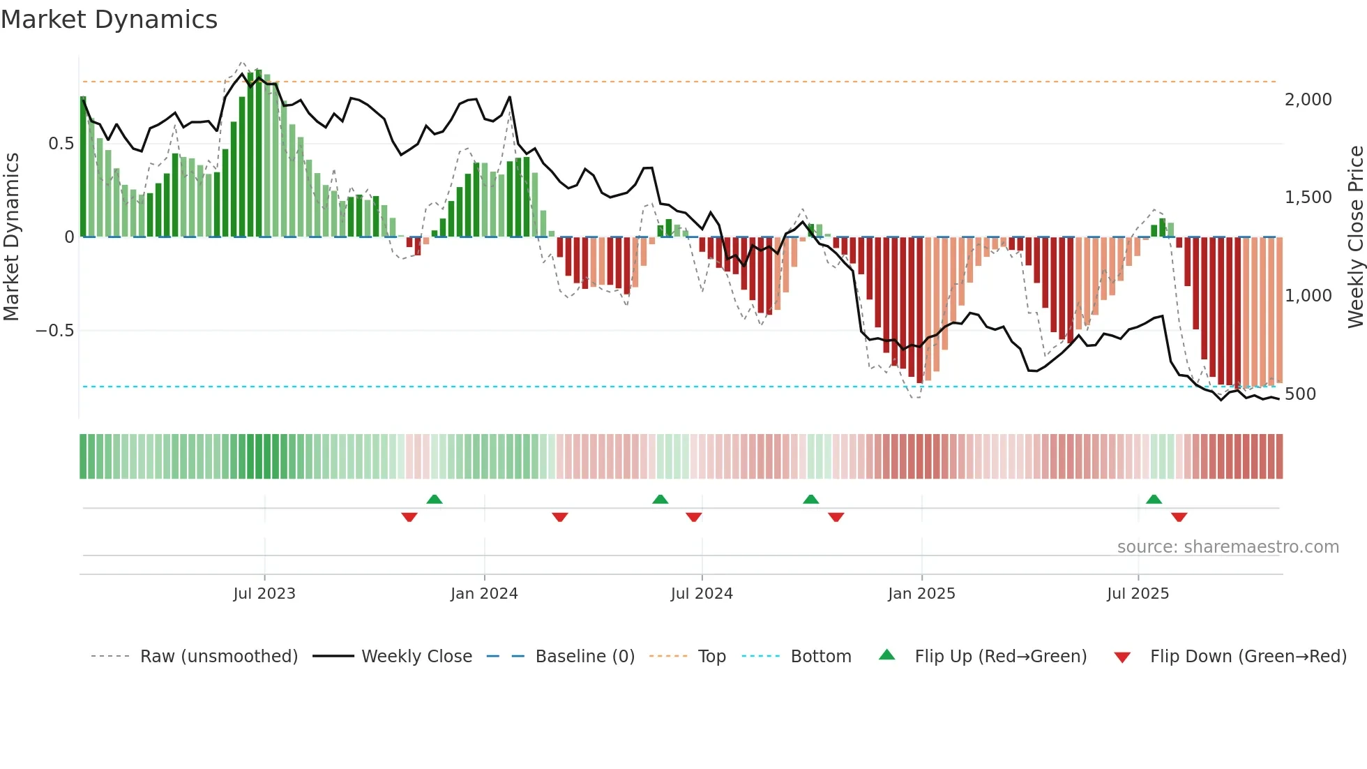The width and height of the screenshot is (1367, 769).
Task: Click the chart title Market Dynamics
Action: point(109,20)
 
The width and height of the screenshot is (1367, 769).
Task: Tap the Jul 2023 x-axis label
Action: point(264,594)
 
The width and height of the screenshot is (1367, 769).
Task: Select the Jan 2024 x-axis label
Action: point(484,594)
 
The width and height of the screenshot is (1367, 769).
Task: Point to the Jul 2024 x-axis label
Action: point(702,594)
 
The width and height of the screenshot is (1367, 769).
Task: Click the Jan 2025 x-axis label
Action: point(921,594)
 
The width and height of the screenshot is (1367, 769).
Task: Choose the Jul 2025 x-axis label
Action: point(1138,594)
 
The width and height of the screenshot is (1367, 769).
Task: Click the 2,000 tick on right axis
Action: point(1308,100)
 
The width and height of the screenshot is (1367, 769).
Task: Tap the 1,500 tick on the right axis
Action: point(1308,197)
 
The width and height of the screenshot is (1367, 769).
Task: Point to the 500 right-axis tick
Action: point(1300,394)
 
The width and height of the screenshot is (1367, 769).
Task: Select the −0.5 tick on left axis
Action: point(55,331)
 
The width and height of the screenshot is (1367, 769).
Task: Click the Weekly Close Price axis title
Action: point(1355,237)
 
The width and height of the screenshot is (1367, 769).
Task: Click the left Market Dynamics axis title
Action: point(11,237)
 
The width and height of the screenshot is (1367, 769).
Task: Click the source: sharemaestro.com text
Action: point(1228,547)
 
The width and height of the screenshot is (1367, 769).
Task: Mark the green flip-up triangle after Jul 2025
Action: point(1154,499)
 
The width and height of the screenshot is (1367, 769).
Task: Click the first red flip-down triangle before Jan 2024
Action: point(409,517)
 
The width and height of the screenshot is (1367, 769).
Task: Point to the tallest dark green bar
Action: point(259,154)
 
